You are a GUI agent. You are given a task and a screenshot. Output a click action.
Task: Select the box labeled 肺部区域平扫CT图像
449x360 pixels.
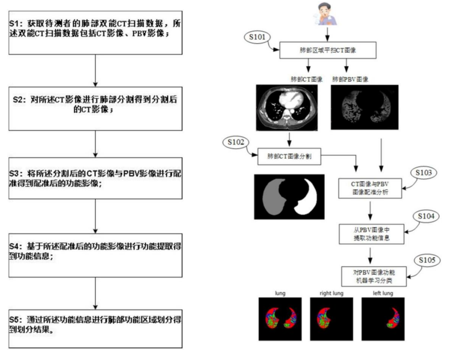click(x=327, y=50)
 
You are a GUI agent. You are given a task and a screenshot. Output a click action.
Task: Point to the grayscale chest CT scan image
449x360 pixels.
click(x=286, y=107)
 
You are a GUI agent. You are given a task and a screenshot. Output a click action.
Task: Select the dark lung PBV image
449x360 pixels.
click(x=364, y=107)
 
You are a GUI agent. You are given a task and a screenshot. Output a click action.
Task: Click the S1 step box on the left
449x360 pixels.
click(x=95, y=30)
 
